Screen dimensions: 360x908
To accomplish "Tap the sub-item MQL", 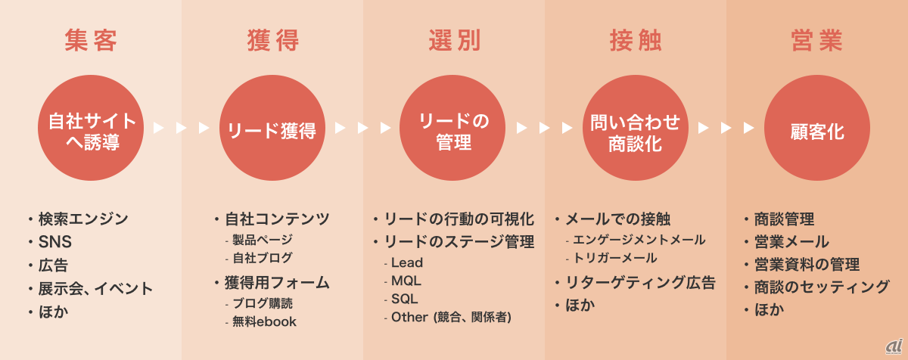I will pyautogui.click(x=407, y=281).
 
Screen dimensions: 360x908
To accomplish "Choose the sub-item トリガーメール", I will pyautogui.click(x=615, y=258).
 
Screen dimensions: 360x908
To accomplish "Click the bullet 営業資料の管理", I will pyautogui.click(x=807, y=264).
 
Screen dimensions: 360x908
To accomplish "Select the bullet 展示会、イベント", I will pyautogui.click(x=95, y=288).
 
